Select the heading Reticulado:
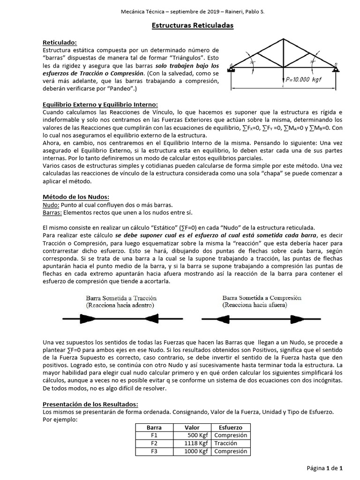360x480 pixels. point(59,42)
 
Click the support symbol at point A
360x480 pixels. point(231,70)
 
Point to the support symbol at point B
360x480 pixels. point(336,70)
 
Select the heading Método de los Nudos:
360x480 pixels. point(76,196)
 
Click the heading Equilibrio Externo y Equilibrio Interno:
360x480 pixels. point(100,104)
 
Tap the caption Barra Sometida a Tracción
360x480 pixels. point(121,298)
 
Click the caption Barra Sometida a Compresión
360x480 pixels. point(262,298)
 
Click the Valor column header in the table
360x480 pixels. point(192,427)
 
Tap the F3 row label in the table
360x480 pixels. point(154,451)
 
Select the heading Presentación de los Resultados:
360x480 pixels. point(90,404)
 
